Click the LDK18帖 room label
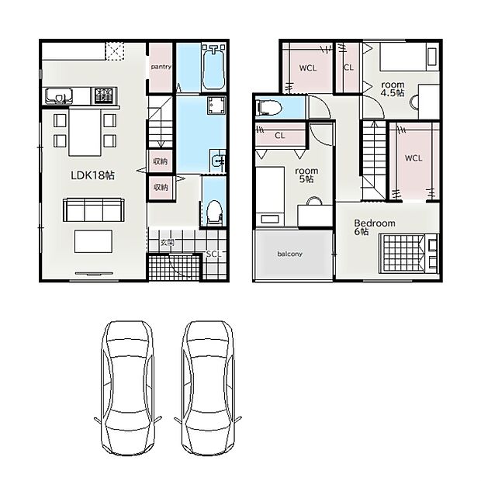pyautogui.click(x=92, y=175)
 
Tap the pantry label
pyautogui.click(x=161, y=67)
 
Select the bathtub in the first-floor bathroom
pyautogui.click(x=213, y=67)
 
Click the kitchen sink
pyautogui.click(x=59, y=95)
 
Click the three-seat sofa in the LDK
pyautogui.click(x=94, y=210)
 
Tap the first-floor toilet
pyautogui.click(x=214, y=213)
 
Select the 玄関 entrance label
pyautogui.click(x=167, y=243)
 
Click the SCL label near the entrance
pyautogui.click(x=213, y=254)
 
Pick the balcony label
pyautogui.click(x=290, y=254)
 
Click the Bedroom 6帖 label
pyautogui.click(x=375, y=227)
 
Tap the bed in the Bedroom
pyautogui.click(x=408, y=253)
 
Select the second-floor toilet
pyautogui.click(x=269, y=108)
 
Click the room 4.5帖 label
pyautogui.click(x=393, y=89)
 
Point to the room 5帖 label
pyautogui.click(x=306, y=175)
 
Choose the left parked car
pyautogui.click(x=127, y=389)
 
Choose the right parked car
pyautogui.click(x=208, y=389)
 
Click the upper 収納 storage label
pyautogui.click(x=161, y=161)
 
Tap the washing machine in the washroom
pyautogui.click(x=216, y=106)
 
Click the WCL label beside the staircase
pyautogui.click(x=414, y=158)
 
